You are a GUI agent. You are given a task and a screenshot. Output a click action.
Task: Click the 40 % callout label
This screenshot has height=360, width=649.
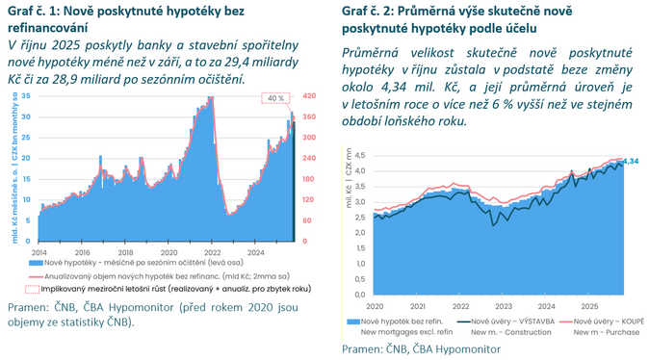point(275,98)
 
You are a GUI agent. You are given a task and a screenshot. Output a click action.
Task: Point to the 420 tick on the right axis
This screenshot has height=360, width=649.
point(308,97)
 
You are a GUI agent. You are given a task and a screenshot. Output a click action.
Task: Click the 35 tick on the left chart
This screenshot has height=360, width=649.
point(27,97)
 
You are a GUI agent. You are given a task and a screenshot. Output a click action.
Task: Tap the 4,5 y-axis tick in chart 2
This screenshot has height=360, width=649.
point(359,156)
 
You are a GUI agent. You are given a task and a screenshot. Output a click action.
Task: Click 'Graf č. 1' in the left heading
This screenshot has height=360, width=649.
point(30,9)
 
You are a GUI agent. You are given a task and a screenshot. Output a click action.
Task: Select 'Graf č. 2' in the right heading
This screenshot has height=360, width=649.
point(367,9)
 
